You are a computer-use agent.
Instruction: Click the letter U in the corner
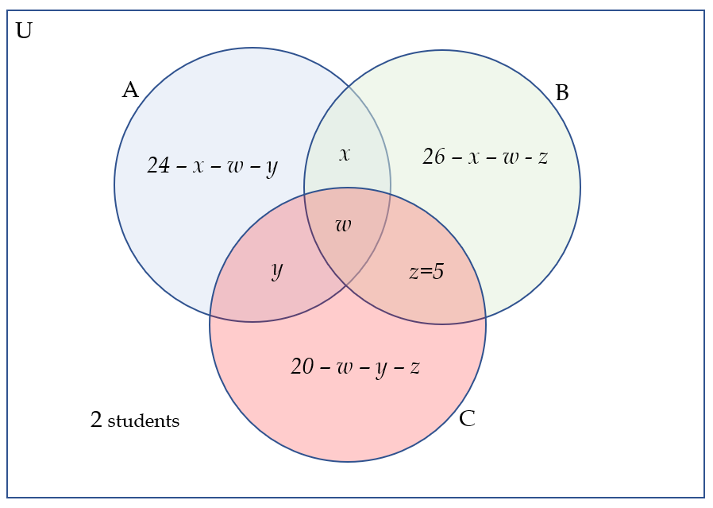point(24,32)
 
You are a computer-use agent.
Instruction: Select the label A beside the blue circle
point(130,91)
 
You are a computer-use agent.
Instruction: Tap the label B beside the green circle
point(562,94)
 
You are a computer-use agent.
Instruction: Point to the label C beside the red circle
point(467,419)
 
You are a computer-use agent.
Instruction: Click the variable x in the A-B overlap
point(344,154)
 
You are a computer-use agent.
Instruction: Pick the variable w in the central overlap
point(343,225)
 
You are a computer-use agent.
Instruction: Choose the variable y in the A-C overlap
point(276,270)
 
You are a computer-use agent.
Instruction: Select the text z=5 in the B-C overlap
point(426,272)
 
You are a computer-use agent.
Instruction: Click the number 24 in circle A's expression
point(158,165)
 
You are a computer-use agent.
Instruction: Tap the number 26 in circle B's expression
point(434,157)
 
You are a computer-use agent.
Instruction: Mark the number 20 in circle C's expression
point(302,366)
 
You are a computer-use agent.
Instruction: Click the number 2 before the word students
point(96,421)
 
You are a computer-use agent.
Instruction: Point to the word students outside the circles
point(144,421)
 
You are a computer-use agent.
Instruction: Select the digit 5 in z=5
point(438,272)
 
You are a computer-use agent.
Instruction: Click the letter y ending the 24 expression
point(272,167)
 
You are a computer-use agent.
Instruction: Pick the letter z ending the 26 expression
point(542,157)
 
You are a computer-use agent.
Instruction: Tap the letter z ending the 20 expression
point(414,367)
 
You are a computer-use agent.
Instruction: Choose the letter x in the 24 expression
point(198,166)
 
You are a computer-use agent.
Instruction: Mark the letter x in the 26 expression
point(473,157)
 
